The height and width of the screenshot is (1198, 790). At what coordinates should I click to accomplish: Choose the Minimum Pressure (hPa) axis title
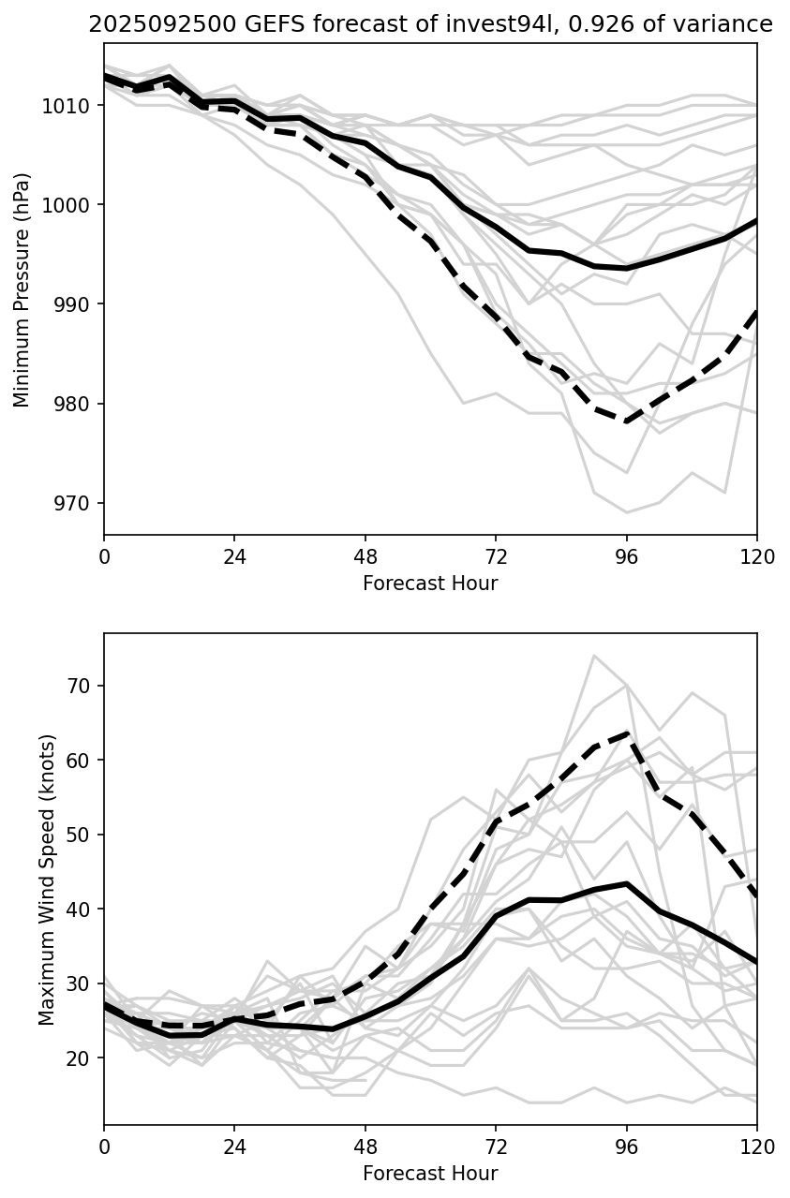[x=22, y=289]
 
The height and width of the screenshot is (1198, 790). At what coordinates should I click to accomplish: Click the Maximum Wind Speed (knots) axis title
[x=47, y=879]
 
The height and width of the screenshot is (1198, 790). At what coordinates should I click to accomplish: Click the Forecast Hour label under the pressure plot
[x=430, y=584]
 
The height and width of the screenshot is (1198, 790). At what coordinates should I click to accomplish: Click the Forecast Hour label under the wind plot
[x=430, y=1174]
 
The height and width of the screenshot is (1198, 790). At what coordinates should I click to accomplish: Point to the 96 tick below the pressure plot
[x=626, y=556]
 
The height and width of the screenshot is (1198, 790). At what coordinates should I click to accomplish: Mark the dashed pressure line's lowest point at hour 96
[x=626, y=421]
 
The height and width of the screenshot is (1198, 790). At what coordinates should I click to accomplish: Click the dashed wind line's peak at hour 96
[x=626, y=733]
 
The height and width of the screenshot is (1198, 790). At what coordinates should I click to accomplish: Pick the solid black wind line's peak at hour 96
[x=626, y=883]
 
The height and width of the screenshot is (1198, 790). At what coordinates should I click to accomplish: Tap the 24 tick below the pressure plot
[x=234, y=556]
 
